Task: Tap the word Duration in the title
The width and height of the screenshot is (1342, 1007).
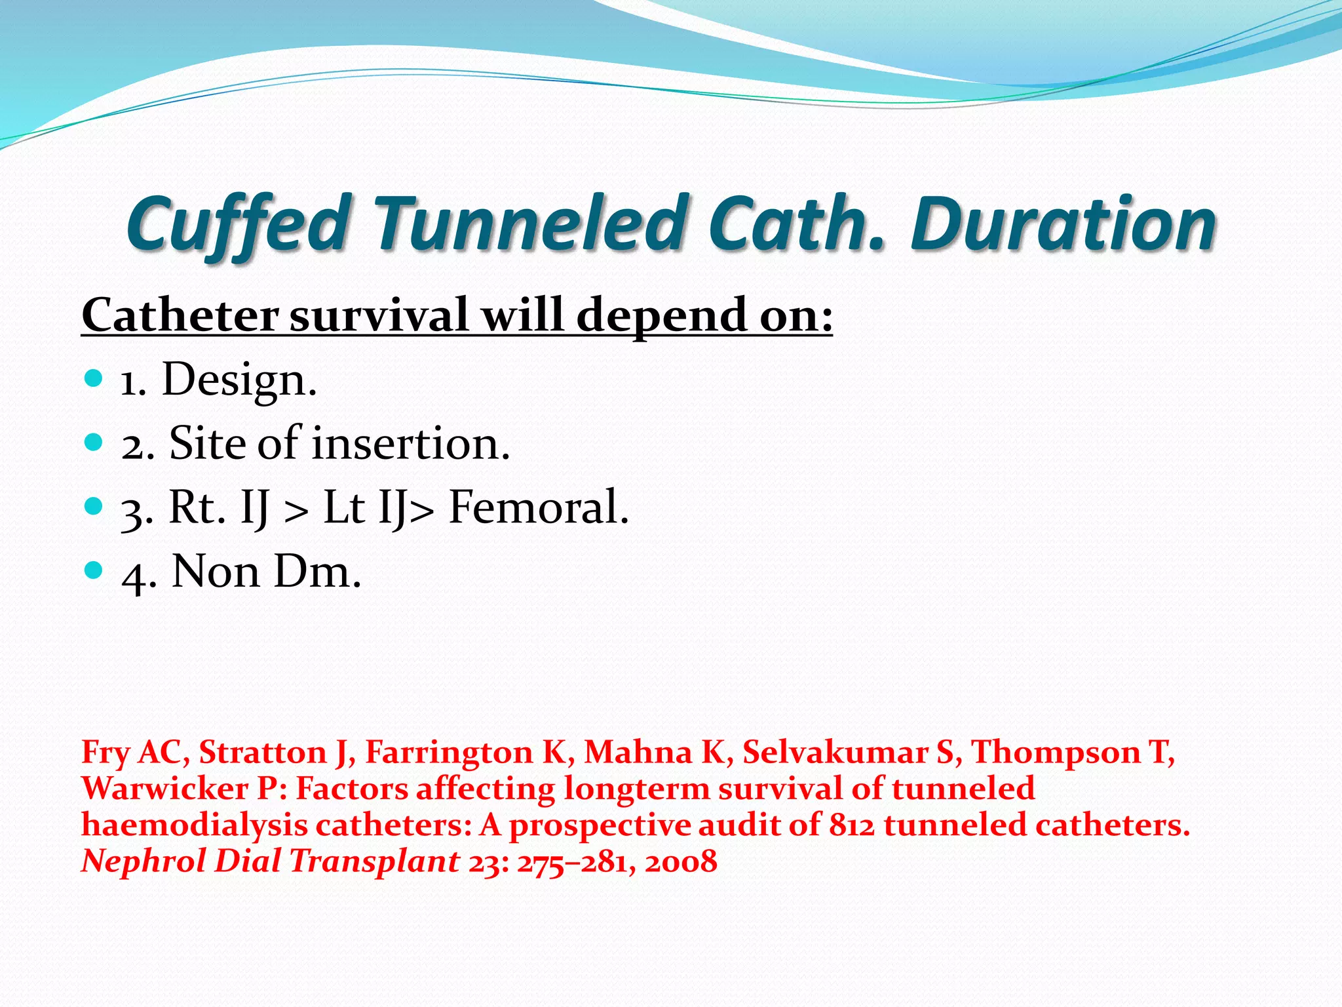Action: coord(1063,224)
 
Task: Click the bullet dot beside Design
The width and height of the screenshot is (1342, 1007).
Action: coord(94,378)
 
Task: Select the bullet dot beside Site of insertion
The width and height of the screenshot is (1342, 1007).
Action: coord(94,443)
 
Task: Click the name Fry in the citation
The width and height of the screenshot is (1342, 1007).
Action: coord(105,753)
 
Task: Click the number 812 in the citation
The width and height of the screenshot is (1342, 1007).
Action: coord(852,825)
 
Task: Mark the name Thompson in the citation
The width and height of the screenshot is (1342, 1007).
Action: coord(1055,753)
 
